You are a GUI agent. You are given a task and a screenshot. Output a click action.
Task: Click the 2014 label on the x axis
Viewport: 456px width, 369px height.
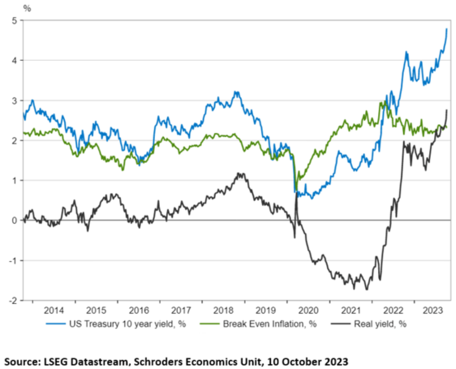pos(54,310)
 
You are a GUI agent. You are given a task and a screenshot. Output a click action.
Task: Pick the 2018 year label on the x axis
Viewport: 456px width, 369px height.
pos(223,310)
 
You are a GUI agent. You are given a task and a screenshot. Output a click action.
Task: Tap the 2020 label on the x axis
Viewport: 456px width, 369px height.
pos(308,310)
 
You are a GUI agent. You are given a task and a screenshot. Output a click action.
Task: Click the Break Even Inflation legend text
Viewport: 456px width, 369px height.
pos(270,324)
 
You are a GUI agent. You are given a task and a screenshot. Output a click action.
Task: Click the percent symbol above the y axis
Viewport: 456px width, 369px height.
pos(27,8)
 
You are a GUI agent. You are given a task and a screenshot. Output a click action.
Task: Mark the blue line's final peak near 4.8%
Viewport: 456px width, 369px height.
pos(447,29)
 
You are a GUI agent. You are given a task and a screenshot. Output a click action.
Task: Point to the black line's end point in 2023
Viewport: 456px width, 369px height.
pos(447,110)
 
